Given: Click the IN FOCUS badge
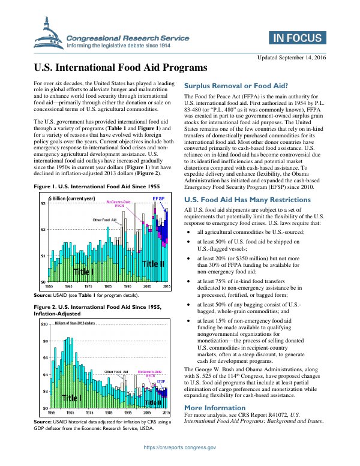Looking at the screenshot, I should (x=297, y=39).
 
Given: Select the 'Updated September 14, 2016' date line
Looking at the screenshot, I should (x=292, y=57).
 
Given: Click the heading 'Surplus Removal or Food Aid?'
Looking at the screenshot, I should (x=236, y=85).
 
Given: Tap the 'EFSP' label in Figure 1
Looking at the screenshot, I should (x=159, y=198).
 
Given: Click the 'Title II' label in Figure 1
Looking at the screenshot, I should (x=153, y=263).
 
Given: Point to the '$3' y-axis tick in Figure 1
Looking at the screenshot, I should (x=43, y=204).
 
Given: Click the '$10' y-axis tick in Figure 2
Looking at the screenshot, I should (x=43, y=324).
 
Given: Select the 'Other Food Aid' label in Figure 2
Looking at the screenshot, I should (x=116, y=372).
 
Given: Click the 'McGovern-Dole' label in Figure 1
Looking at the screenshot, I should (x=119, y=202).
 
